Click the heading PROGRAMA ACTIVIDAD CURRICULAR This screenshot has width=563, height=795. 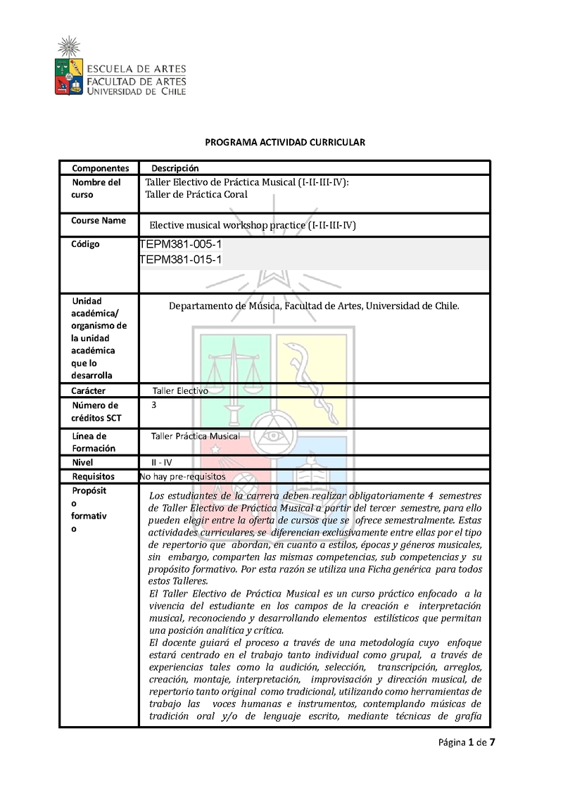point(285,142)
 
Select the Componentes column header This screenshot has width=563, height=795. point(101,168)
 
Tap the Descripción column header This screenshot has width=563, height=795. point(175,168)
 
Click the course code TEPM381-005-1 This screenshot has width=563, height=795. point(182,244)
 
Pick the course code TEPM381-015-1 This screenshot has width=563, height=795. point(182,260)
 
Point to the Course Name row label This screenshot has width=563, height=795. point(99,220)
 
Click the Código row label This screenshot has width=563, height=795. point(85,244)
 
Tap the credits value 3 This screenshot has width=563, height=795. point(154,405)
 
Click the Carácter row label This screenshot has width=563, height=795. point(89,390)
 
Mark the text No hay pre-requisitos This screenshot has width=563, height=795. point(183,476)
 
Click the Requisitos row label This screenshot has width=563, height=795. point(93,476)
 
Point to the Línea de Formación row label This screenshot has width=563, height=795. point(94,442)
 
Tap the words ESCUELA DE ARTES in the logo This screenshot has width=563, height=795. point(136,68)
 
